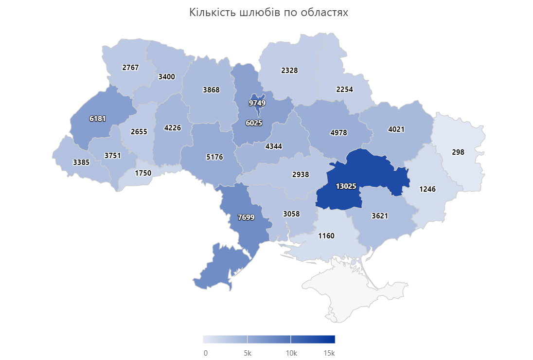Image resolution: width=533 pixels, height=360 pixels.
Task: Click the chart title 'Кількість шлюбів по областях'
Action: [x=268, y=13]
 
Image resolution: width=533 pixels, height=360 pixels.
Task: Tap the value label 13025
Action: [x=346, y=186]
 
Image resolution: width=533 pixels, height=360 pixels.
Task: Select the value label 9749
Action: [x=257, y=103]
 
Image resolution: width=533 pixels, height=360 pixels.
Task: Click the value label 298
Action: [x=458, y=152]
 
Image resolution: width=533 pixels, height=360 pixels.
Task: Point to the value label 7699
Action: [x=246, y=217]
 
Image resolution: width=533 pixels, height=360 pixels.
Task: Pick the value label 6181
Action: [x=97, y=118]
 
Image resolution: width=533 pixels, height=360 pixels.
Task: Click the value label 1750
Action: [x=143, y=173]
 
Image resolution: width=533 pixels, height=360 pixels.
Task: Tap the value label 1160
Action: [x=326, y=236]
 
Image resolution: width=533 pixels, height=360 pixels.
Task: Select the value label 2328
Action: [x=289, y=70]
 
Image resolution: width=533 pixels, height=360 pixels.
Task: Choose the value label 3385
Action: [x=81, y=162]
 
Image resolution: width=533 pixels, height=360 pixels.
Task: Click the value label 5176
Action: [x=214, y=157]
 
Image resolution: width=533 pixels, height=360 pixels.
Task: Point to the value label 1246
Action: [x=427, y=189]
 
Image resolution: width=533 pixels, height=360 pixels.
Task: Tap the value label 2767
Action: [x=130, y=68]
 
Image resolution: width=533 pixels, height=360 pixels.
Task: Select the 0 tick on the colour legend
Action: [x=206, y=353]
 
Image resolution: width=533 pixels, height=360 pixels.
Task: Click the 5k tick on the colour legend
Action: [x=247, y=353]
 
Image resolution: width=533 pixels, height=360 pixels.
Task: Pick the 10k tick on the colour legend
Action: [x=291, y=353]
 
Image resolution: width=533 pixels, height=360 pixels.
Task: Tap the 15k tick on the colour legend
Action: [x=330, y=353]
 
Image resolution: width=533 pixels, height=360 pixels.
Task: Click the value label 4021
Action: [x=396, y=129]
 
